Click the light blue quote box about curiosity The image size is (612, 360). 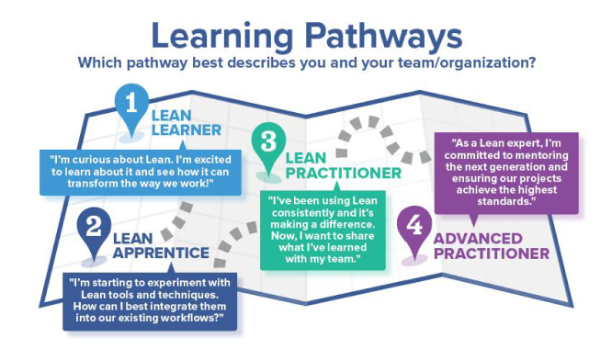coord(136,171)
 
